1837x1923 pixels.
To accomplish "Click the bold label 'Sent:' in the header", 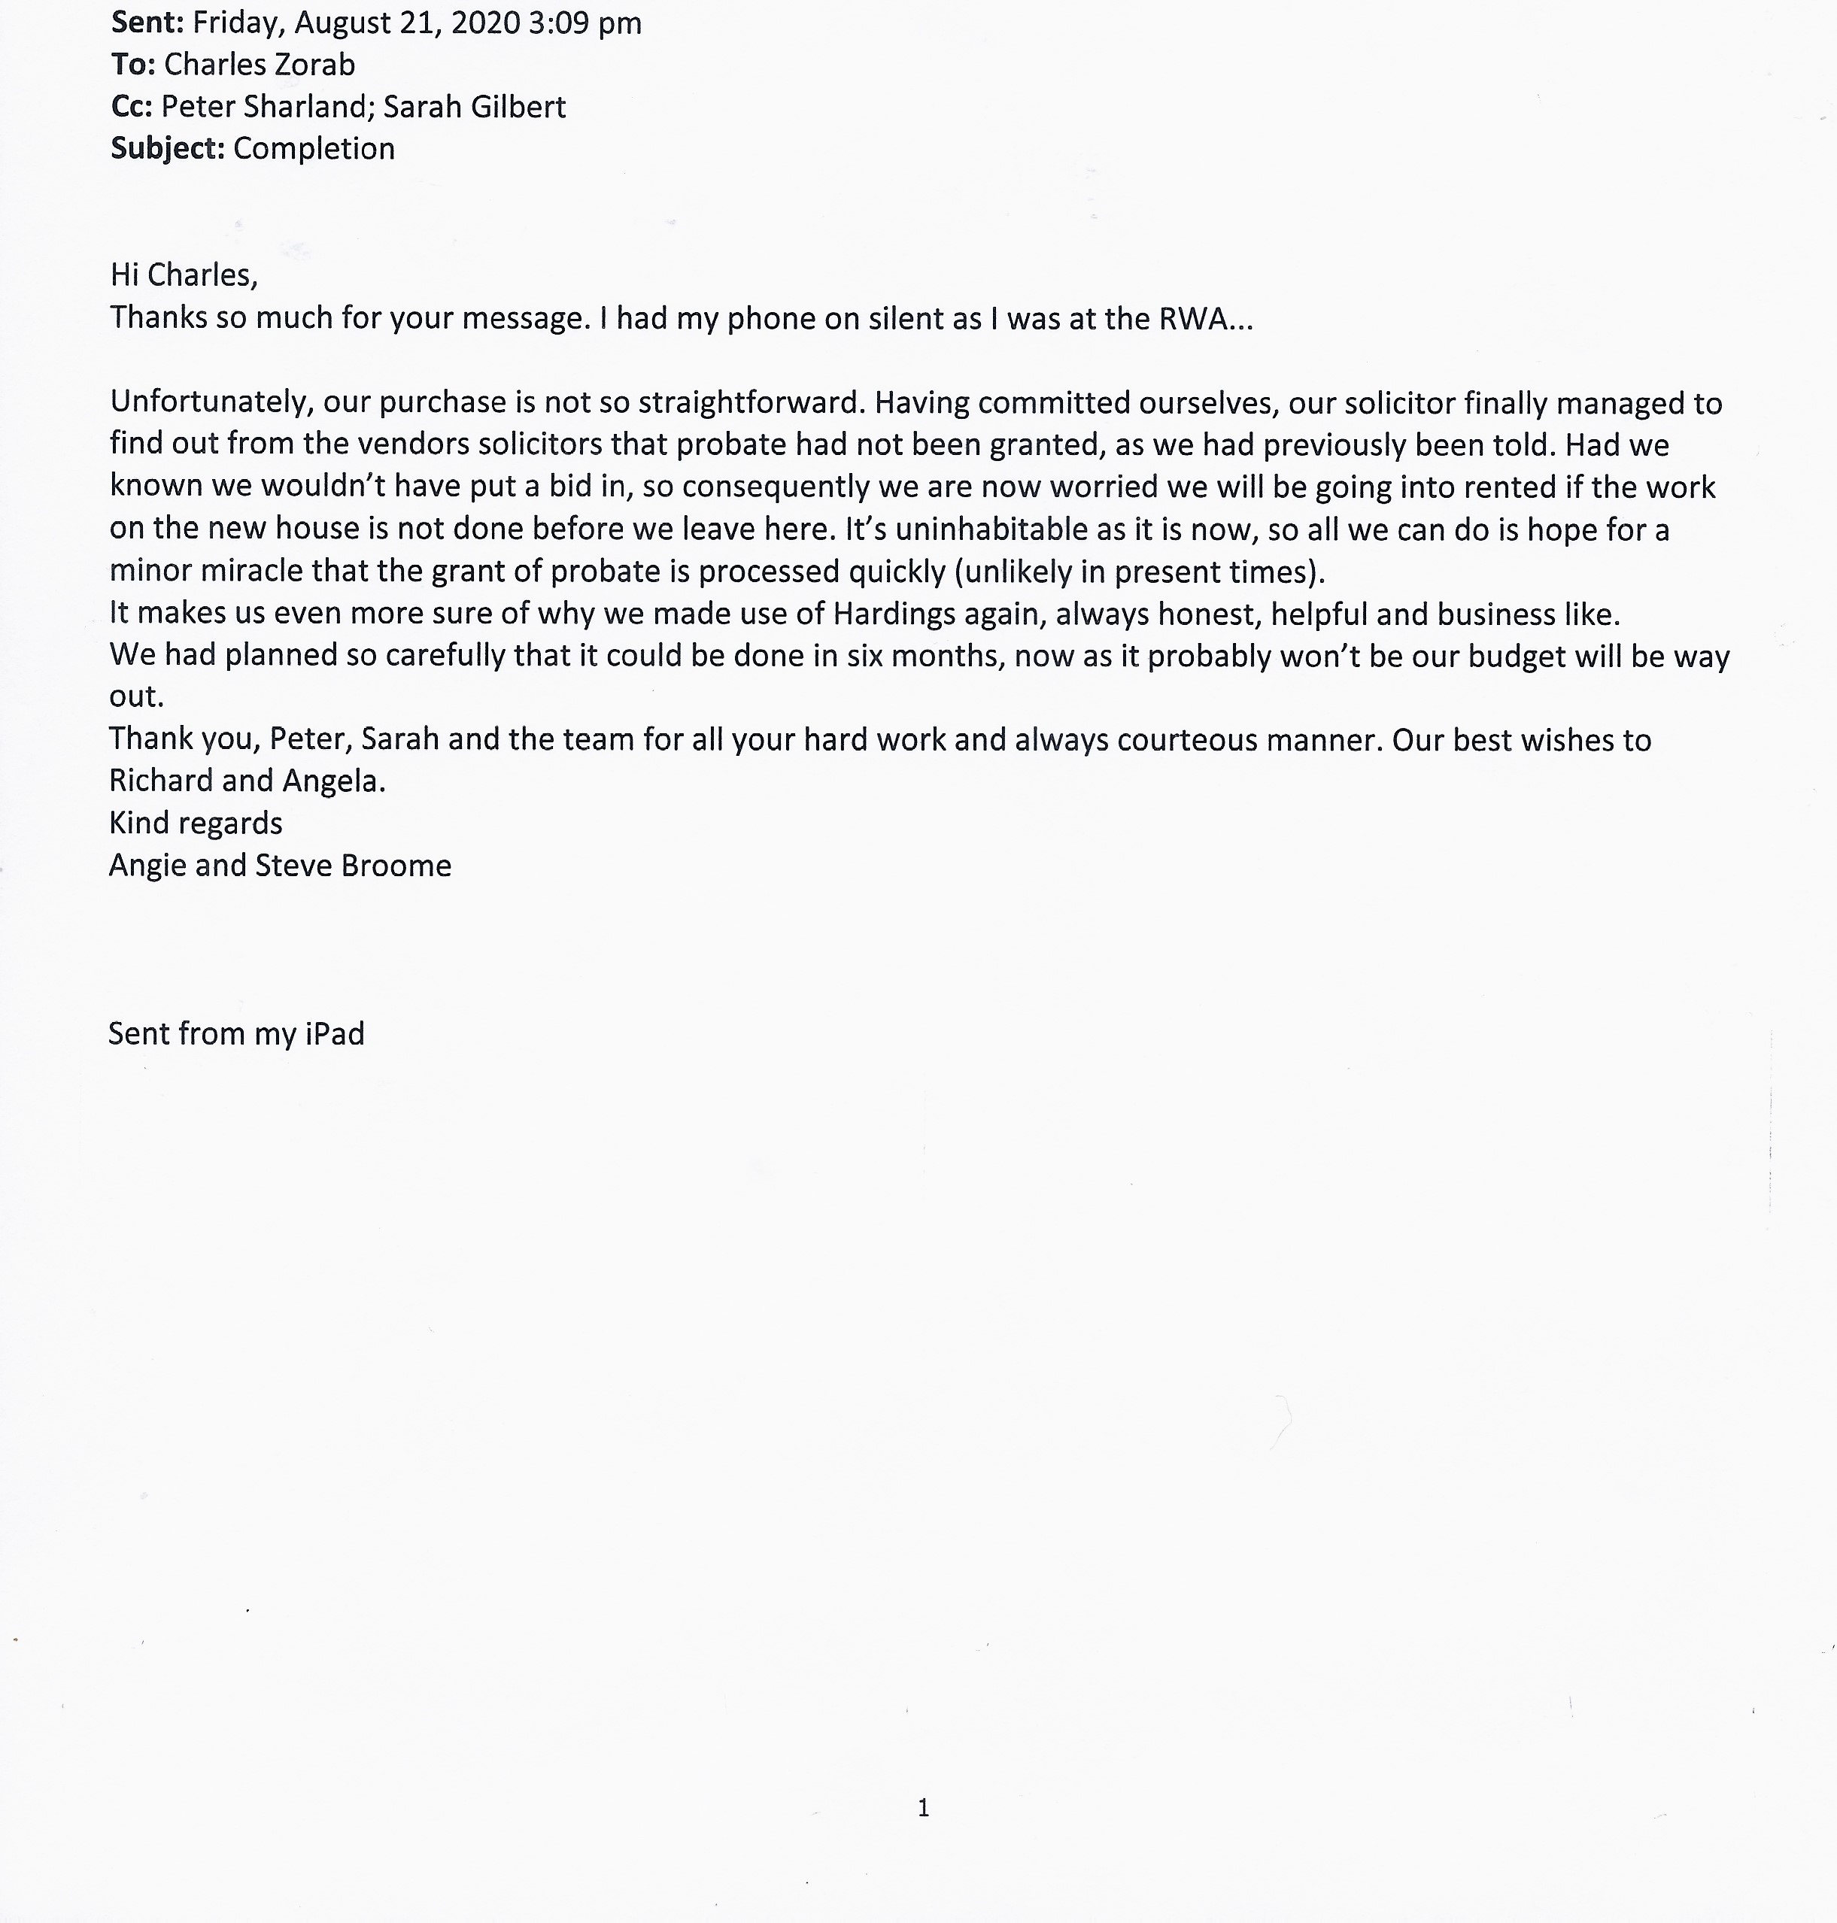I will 147,22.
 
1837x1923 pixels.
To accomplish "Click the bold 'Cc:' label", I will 131,107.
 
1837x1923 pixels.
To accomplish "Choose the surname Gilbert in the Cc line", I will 522,107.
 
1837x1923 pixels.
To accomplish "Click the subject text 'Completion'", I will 314,149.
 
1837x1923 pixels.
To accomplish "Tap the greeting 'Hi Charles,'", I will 184,275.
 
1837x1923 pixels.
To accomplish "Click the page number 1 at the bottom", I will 922,1807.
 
